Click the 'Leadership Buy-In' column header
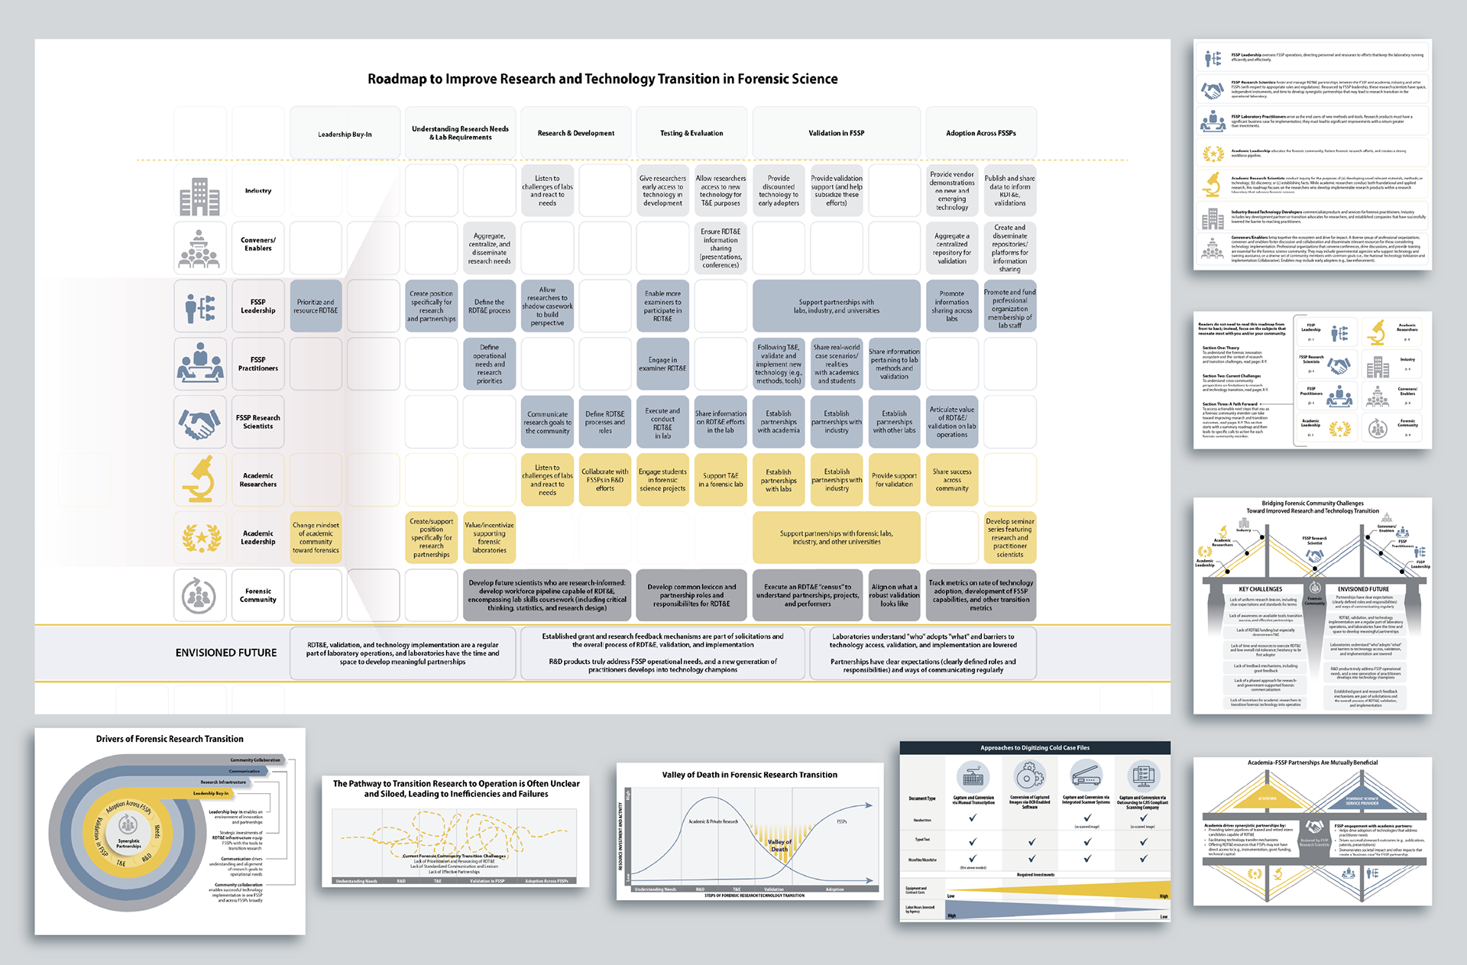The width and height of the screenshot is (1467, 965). (345, 134)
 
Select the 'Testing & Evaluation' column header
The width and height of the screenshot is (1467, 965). (691, 133)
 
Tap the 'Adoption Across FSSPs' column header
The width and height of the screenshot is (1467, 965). (981, 133)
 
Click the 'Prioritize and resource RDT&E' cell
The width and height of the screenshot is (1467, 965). (316, 306)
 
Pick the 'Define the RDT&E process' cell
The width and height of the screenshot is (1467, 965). (489, 306)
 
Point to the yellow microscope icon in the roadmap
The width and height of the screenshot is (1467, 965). (199, 479)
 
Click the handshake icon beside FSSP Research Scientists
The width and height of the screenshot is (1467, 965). (199, 422)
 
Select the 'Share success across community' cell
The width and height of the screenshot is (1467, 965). (952, 480)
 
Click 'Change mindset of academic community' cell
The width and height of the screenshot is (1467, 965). (316, 537)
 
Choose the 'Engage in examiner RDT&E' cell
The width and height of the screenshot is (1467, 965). (662, 364)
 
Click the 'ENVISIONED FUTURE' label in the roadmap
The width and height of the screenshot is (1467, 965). (226, 653)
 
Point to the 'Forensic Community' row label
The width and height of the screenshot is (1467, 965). (258, 595)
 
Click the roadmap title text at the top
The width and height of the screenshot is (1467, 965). (602, 79)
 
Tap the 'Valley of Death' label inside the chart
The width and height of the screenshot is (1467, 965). (779, 845)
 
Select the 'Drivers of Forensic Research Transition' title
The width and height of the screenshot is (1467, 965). (170, 739)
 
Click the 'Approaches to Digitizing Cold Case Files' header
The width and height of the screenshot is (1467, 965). (1035, 748)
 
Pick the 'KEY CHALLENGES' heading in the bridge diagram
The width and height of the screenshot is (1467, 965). (1261, 589)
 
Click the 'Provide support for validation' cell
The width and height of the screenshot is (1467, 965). (894, 480)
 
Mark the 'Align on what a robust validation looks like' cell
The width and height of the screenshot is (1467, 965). (894, 595)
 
